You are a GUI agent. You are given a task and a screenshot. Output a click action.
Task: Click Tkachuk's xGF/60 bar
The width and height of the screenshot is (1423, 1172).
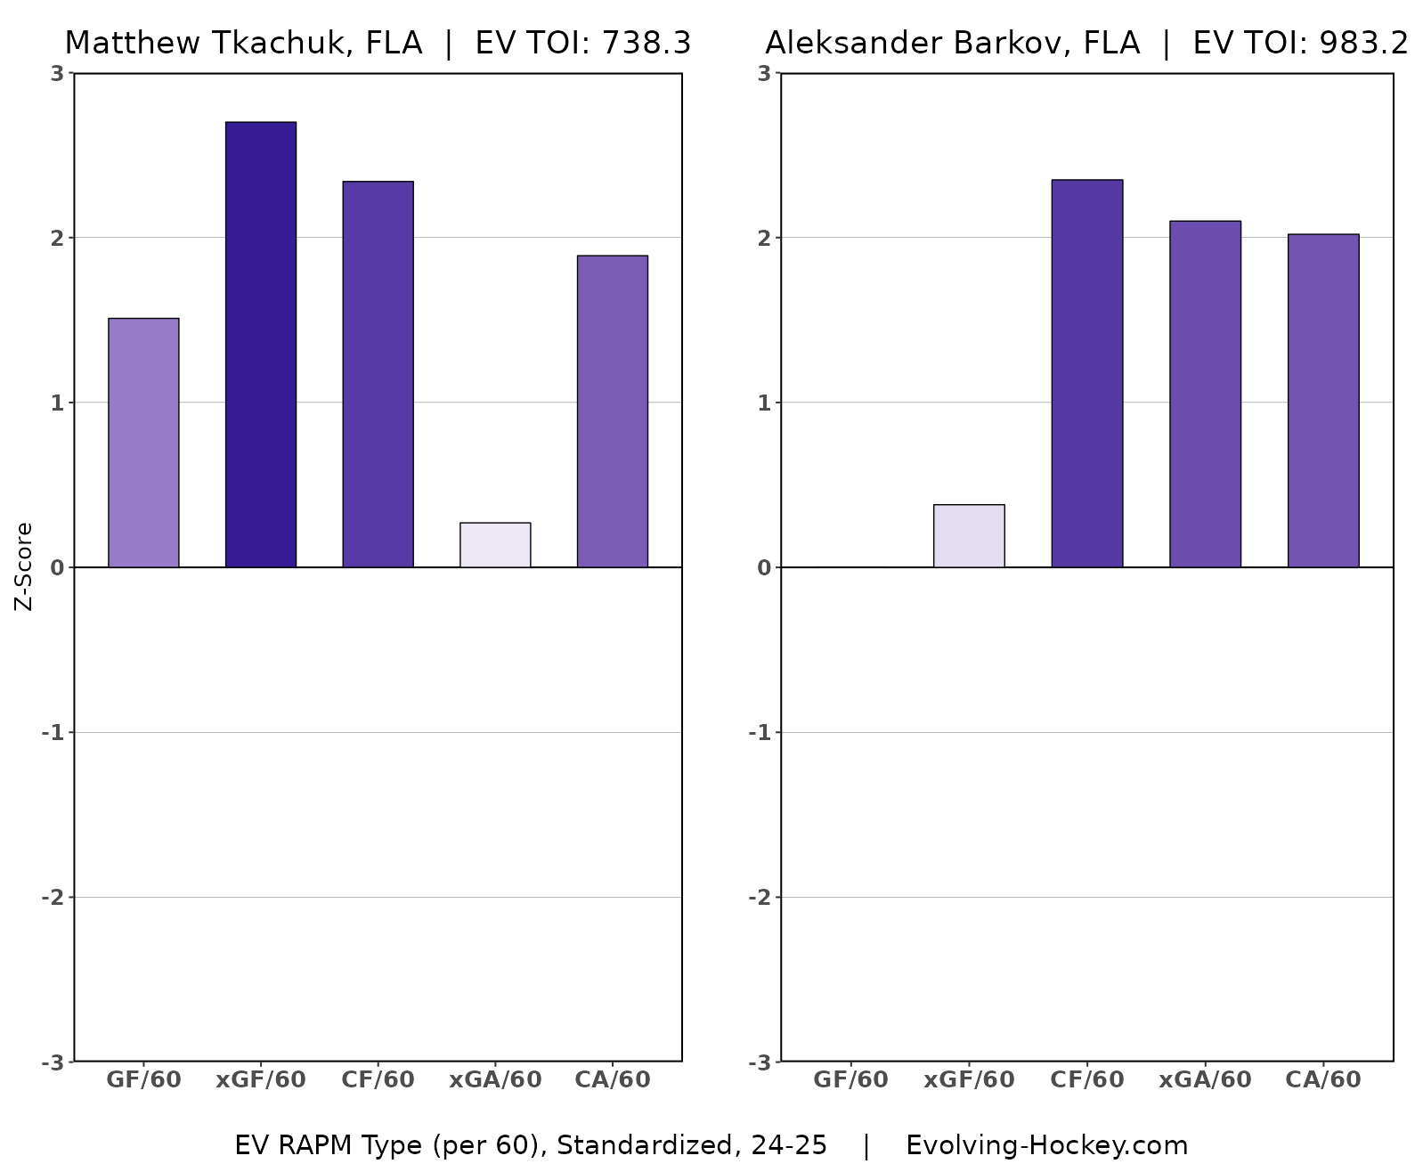click(x=260, y=345)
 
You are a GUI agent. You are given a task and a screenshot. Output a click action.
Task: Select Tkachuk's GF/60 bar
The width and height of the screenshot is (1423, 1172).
click(x=143, y=443)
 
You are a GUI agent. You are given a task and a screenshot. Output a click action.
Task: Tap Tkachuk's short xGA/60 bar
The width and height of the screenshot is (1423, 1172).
click(x=495, y=545)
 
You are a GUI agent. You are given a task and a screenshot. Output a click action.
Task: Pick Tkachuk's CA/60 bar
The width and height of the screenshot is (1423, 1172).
click(x=612, y=411)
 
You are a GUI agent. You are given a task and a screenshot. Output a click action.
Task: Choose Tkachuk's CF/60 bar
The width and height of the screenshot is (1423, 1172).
click(x=378, y=374)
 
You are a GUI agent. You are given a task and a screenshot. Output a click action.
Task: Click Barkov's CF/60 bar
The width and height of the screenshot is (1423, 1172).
click(x=1086, y=373)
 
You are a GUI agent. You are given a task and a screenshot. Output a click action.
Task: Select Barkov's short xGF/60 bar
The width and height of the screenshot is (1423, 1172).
click(x=969, y=536)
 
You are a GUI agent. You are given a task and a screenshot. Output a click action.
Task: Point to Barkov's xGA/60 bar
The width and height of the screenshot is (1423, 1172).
click(x=1205, y=394)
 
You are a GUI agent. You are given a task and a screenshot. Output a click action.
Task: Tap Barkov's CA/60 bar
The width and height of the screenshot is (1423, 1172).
click(x=1322, y=401)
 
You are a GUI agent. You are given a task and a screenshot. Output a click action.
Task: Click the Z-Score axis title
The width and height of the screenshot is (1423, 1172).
click(x=24, y=566)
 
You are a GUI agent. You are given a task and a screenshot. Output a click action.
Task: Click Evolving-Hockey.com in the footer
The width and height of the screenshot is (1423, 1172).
click(x=1046, y=1145)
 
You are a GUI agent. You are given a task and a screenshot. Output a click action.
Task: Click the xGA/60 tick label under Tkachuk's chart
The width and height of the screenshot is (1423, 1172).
click(x=495, y=1080)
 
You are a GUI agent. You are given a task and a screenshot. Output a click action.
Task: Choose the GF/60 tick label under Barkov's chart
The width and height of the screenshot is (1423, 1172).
click(x=850, y=1080)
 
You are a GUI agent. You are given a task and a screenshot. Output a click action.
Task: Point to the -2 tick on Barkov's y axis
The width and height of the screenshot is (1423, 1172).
click(x=760, y=898)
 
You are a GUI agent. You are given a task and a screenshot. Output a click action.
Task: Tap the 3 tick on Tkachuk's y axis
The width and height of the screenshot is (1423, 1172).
click(x=57, y=73)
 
